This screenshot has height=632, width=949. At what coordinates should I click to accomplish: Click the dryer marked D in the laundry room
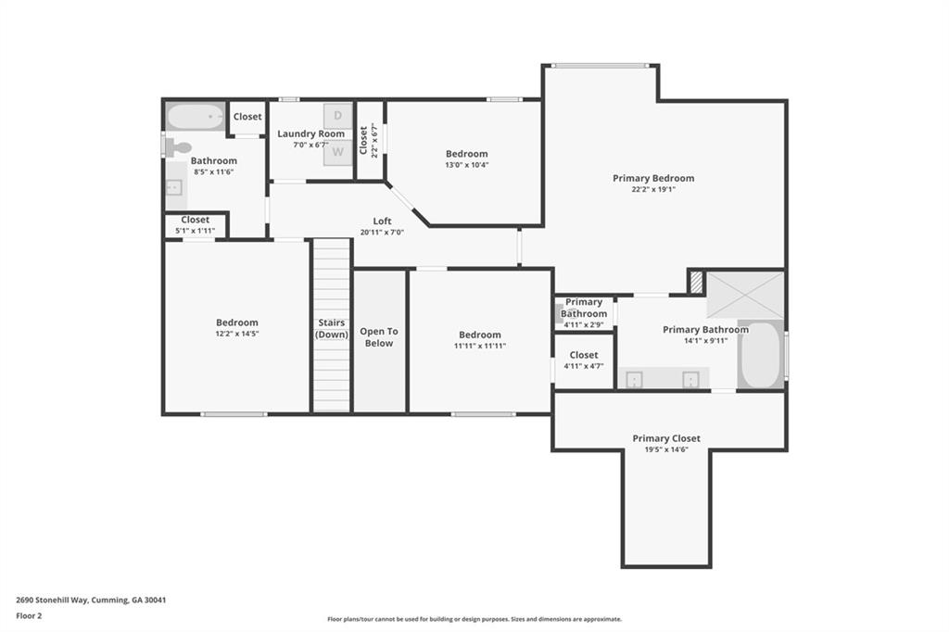click(337, 116)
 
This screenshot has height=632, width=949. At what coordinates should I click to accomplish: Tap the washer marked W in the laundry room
click(337, 151)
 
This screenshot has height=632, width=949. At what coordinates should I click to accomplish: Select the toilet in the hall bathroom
click(176, 146)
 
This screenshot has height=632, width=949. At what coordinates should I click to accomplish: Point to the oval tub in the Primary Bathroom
click(760, 355)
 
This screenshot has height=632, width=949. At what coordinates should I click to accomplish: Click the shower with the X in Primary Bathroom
click(745, 295)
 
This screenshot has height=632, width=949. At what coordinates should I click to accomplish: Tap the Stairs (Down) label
click(331, 328)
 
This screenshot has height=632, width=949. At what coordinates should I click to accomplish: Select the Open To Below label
click(378, 337)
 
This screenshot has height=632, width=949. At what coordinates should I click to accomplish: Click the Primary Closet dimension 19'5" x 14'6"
click(666, 449)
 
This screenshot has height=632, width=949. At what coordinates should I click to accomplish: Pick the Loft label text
click(382, 221)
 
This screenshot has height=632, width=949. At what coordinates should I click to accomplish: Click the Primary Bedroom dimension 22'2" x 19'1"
click(652, 189)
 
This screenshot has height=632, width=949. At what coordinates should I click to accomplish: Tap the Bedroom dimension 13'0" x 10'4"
click(466, 165)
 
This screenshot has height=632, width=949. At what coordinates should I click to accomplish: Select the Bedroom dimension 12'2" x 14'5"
click(236, 334)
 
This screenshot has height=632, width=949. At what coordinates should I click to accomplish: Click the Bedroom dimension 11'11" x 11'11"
click(479, 346)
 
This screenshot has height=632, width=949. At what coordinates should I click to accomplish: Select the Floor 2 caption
click(30, 614)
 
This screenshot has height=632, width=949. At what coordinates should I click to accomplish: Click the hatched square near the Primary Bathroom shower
click(696, 282)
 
